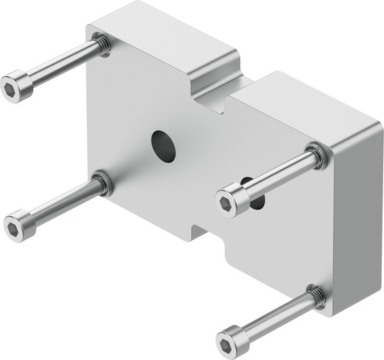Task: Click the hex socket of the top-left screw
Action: point(10,89)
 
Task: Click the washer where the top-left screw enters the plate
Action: point(103,46)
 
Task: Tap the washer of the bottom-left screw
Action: point(101,182)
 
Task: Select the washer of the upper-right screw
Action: point(317,155)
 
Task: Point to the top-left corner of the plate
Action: point(94,30)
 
